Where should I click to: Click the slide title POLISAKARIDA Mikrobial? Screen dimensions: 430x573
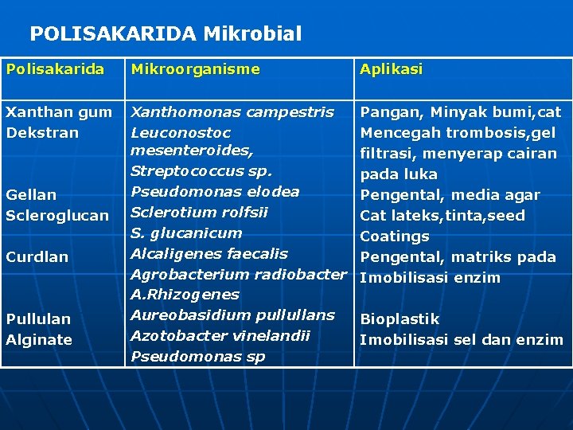tap(166, 33)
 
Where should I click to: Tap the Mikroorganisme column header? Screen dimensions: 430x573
tap(195, 69)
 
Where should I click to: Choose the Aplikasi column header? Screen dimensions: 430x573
tap(392, 69)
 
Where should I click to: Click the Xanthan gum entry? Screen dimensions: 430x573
tap(59, 112)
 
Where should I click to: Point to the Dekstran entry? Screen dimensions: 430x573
tap(42, 133)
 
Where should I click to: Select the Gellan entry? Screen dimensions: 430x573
tap(31, 195)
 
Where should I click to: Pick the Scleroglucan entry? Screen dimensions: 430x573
tap(57, 216)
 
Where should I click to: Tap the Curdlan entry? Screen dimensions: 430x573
tap(37, 257)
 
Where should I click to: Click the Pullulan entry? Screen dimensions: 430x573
tap(38, 319)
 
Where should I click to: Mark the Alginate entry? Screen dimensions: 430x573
tap(39, 340)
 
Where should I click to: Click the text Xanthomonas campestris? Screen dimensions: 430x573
tap(232, 112)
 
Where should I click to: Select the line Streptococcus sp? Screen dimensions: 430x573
tap(201, 171)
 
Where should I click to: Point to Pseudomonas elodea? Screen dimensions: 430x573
tap(215, 192)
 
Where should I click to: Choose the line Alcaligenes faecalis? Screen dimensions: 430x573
tap(209, 254)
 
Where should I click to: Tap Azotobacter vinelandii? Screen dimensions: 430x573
tap(220, 336)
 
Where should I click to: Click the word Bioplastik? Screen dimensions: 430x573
tap(400, 319)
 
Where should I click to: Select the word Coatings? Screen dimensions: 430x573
tap(395, 236)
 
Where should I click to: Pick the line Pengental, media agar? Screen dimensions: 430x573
tap(450, 195)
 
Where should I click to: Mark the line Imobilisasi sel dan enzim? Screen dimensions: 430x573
tap(462, 340)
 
